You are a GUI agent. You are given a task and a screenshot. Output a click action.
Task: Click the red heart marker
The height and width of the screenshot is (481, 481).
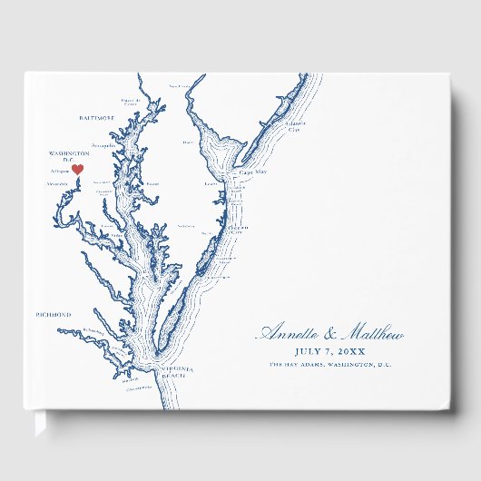(x=78, y=169)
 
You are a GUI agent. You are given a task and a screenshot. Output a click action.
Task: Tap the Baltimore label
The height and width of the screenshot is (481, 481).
(x=96, y=117)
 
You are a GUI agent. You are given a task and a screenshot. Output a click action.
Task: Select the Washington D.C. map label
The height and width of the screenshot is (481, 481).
(x=70, y=156)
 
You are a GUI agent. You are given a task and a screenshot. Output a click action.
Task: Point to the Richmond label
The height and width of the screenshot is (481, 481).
(x=53, y=314)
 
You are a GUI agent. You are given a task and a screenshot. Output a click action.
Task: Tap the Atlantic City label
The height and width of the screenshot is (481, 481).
(x=293, y=127)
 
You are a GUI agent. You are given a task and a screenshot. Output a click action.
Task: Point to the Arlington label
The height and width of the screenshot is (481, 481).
(x=61, y=170)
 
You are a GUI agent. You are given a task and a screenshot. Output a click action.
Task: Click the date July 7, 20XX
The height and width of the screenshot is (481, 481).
(x=330, y=351)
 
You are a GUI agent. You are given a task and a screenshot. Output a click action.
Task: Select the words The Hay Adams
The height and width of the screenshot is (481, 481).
(x=300, y=364)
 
